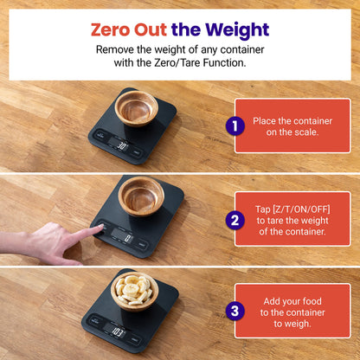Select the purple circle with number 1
point(232,126)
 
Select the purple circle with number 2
point(232,220)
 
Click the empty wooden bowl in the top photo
point(137,107)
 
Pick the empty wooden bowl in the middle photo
point(141,195)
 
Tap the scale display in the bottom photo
point(119,331)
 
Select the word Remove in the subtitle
point(116,48)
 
